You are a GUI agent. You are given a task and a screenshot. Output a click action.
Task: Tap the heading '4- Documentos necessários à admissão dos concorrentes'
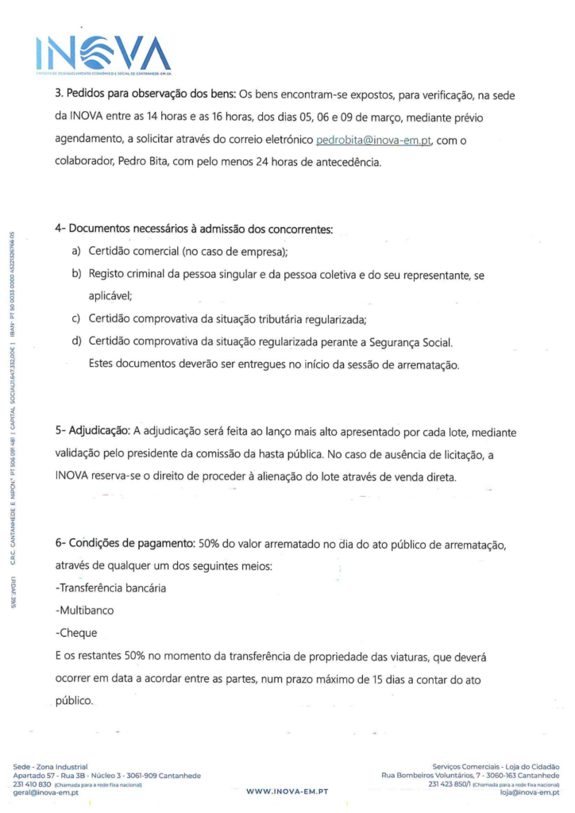(193, 229)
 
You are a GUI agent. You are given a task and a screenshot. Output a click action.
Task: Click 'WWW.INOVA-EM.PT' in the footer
(288, 792)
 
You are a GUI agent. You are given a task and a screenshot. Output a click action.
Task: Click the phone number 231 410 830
(34, 784)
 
